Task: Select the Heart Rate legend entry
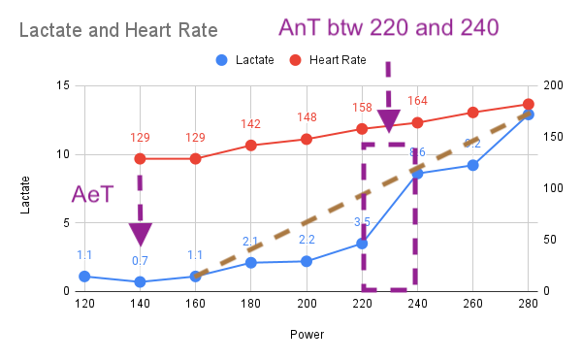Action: click(329, 60)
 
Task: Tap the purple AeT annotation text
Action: click(93, 194)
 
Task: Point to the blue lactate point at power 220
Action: click(362, 244)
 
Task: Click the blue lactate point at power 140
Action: click(140, 281)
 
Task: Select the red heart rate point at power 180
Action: click(251, 146)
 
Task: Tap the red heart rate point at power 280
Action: click(529, 104)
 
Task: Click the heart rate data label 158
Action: click(362, 108)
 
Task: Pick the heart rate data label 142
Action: click(251, 124)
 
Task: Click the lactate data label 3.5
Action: click(362, 222)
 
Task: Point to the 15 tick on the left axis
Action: click(64, 86)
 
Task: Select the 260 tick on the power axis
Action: click(472, 304)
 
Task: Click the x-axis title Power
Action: click(307, 335)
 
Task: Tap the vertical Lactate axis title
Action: click(28, 188)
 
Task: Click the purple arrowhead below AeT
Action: click(140, 234)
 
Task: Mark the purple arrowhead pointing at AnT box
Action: click(389, 120)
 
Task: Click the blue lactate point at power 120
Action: click(84, 277)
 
